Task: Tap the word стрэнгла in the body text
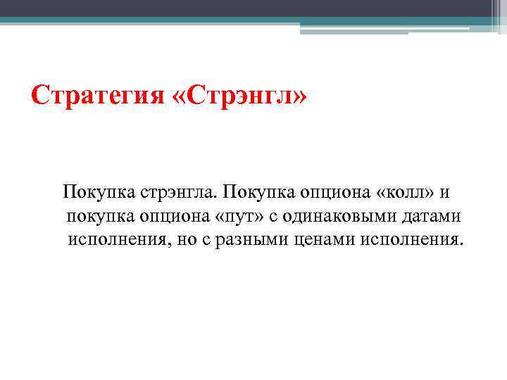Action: coord(173,190)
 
